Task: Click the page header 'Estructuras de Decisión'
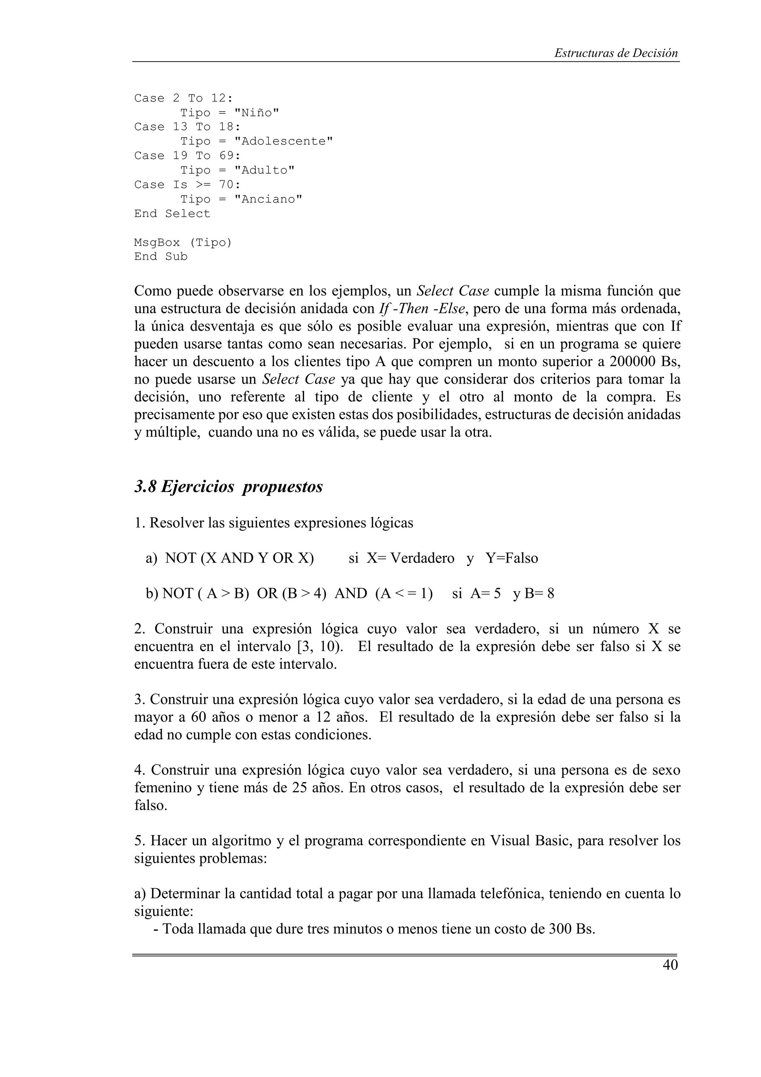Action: [616, 53]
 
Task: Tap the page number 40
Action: [670, 965]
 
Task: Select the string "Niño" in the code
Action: [256, 113]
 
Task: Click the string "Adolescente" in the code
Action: [283, 141]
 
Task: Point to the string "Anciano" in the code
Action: [268, 199]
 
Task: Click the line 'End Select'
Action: [172, 213]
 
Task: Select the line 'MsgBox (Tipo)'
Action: [183, 243]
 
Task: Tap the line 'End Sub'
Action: [161, 256]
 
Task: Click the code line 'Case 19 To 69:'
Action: [187, 156]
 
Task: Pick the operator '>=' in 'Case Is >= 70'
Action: [203, 185]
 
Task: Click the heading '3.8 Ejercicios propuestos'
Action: [229, 486]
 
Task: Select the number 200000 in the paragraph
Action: [633, 362]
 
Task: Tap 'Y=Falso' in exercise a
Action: [512, 558]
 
